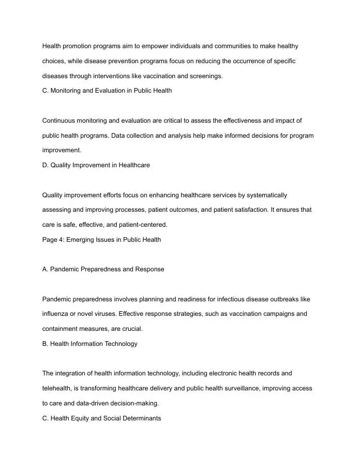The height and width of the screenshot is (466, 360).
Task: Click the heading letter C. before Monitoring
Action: (45, 91)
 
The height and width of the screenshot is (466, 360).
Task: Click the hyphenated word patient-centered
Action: (143, 225)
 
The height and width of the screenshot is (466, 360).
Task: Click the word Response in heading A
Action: (150, 269)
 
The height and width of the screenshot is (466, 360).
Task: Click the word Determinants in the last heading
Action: (141, 418)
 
